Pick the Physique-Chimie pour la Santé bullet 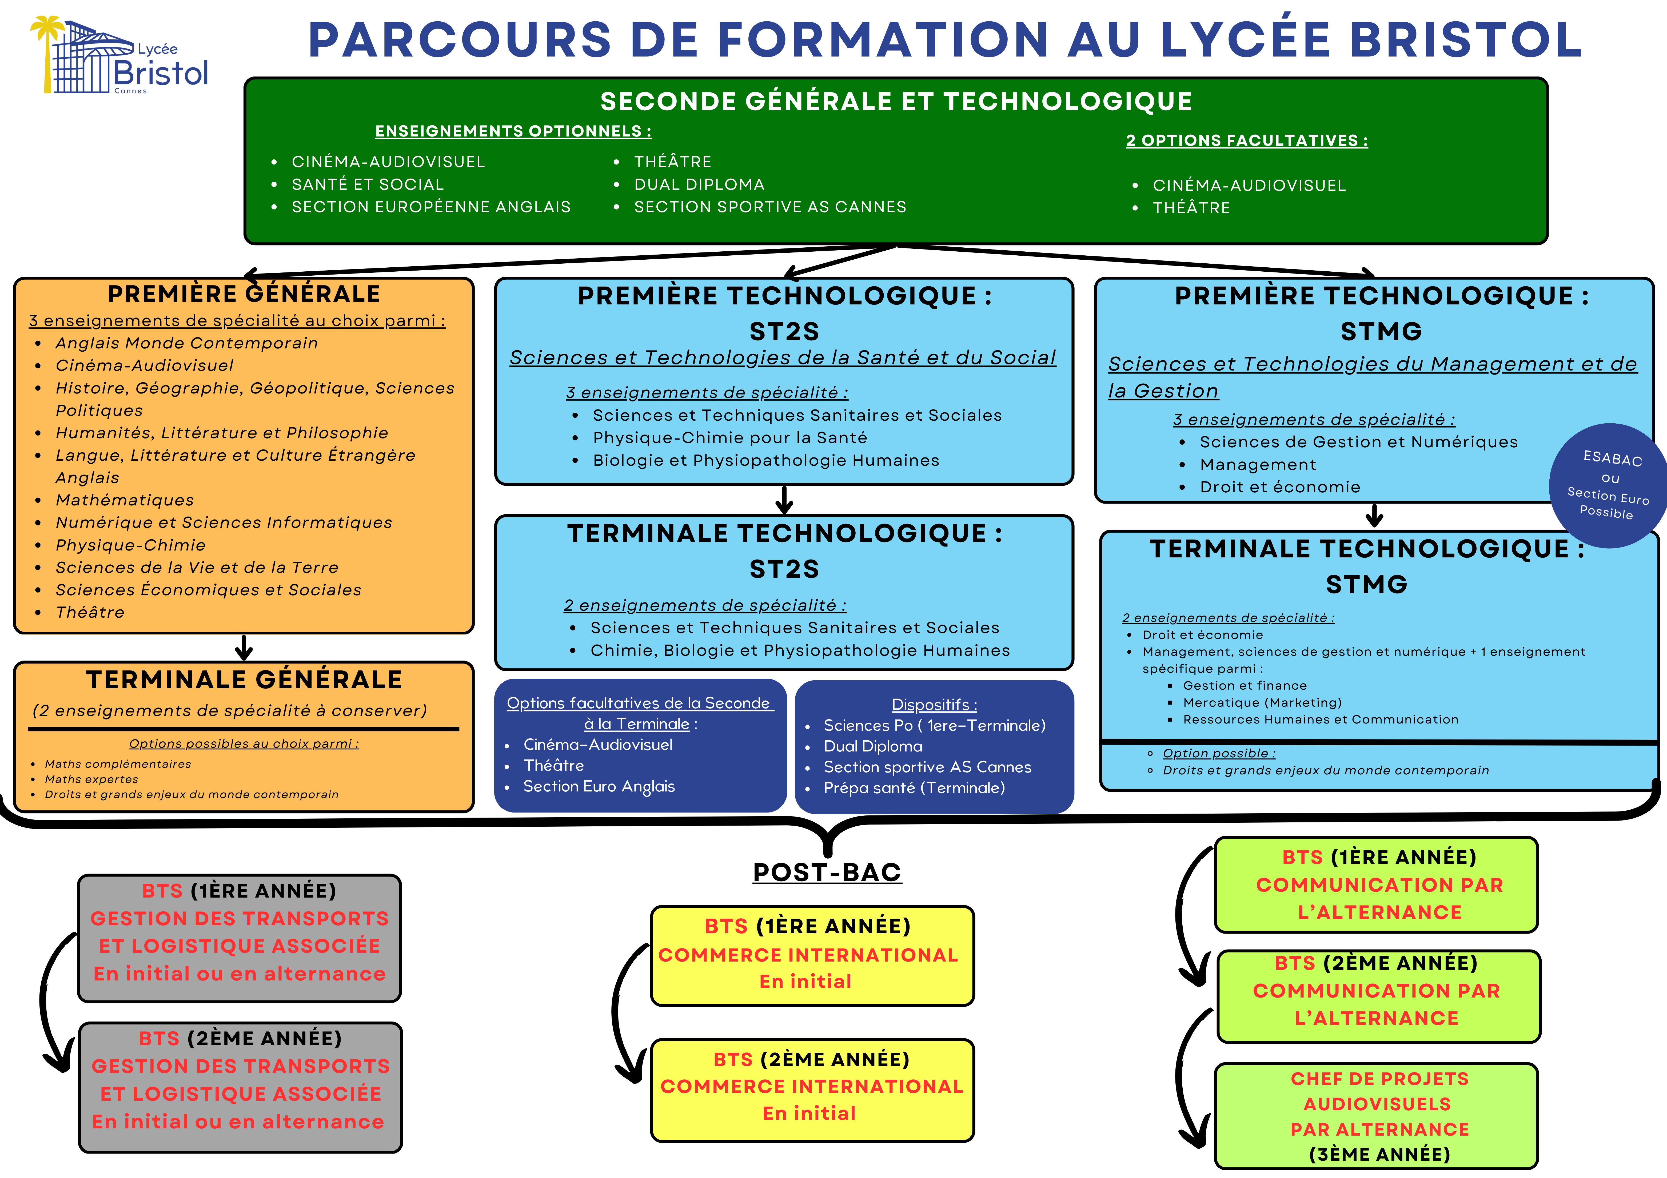[x=730, y=438]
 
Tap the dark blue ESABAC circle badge [x=1608, y=485]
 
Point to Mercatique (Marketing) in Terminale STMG [x=1262, y=703]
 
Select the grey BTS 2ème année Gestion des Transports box [x=240, y=1087]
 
